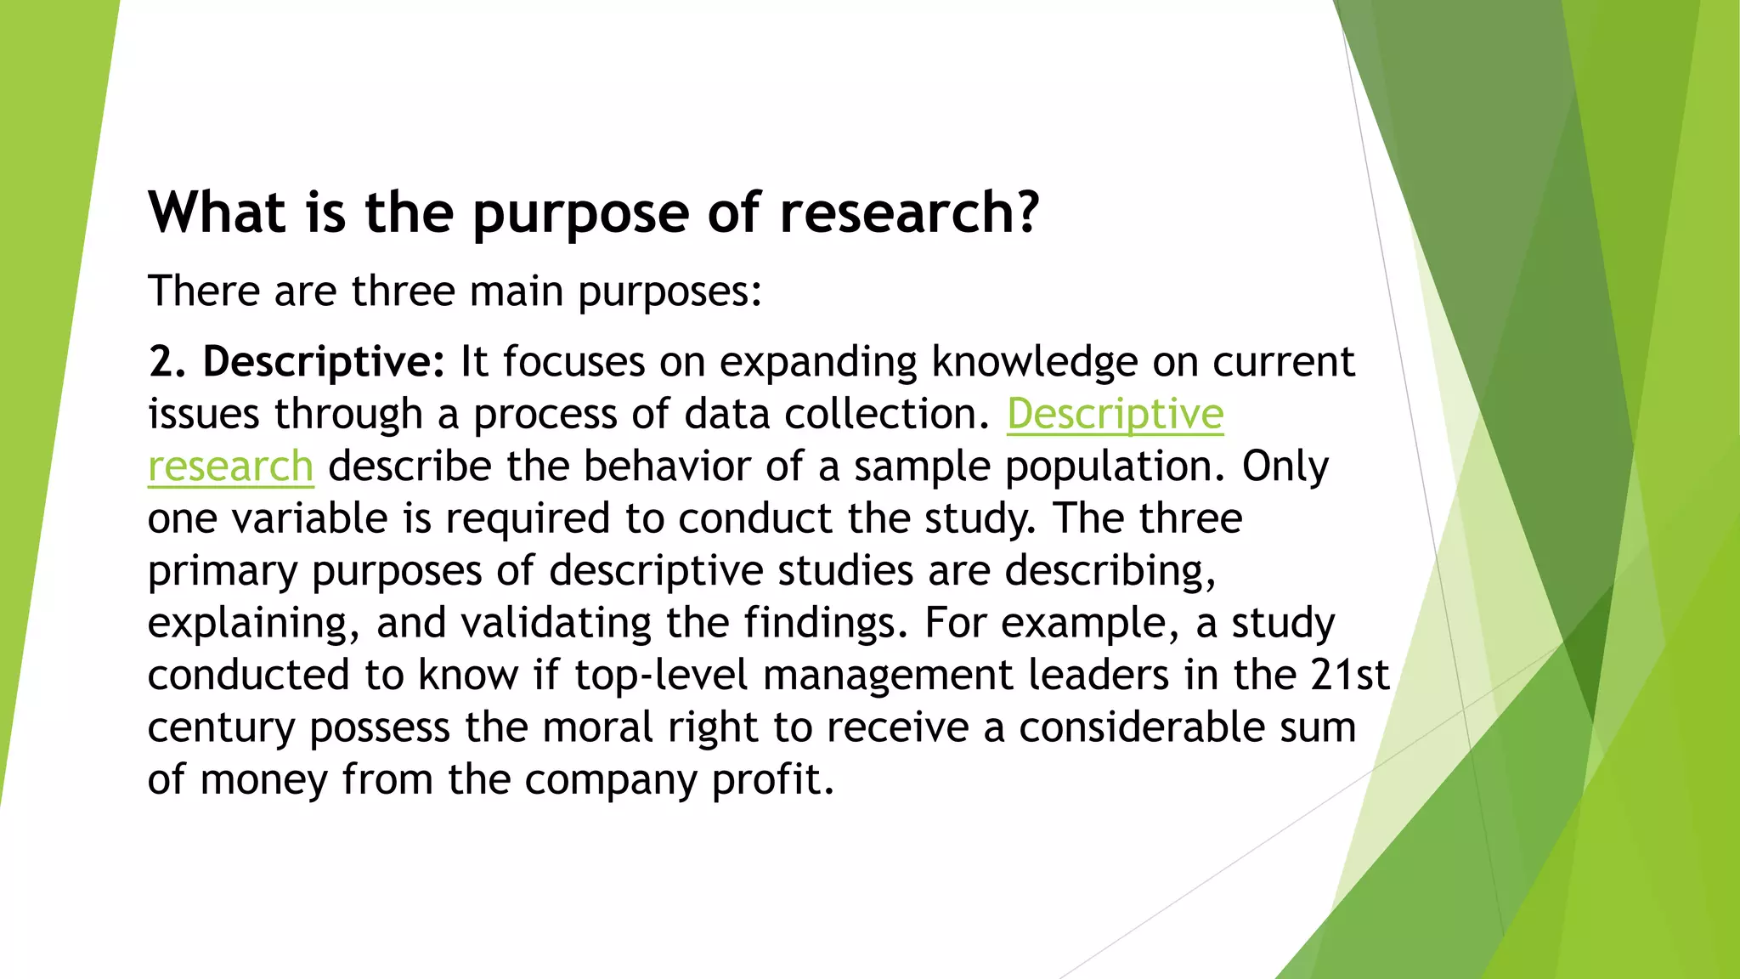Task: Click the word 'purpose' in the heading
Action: click(580, 214)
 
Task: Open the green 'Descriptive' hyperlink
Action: click(1115, 415)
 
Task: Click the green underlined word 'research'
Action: click(230, 467)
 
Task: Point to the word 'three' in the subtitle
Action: click(404, 291)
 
